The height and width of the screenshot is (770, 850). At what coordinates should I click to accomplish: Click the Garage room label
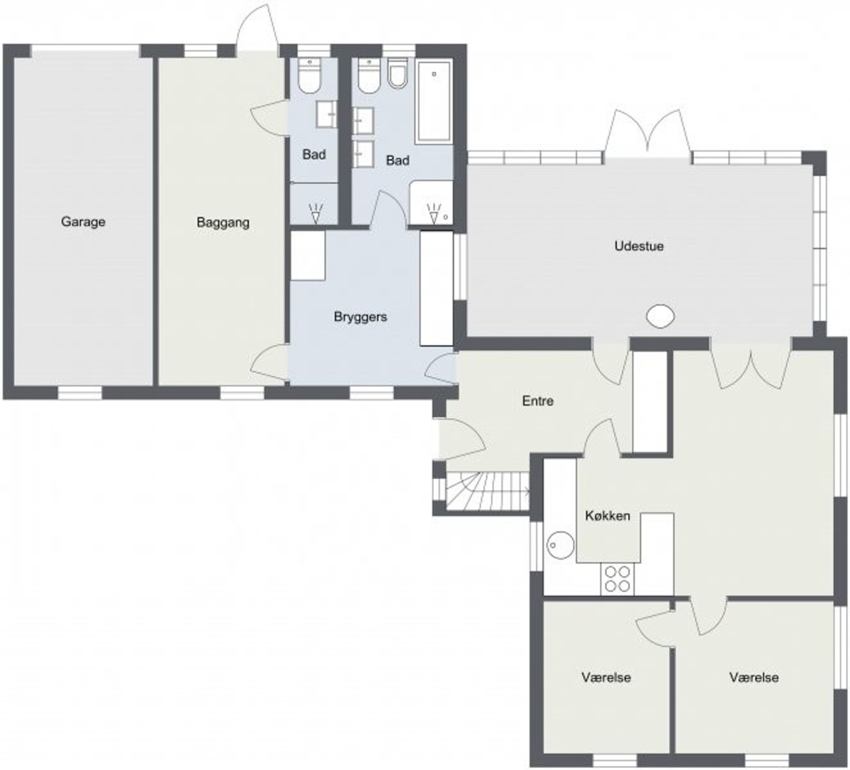[83, 222]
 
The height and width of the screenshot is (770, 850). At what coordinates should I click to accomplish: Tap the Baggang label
[223, 222]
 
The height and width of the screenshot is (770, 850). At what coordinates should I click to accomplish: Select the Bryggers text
[361, 317]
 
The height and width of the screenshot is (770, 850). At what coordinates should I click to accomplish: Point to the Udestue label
[639, 246]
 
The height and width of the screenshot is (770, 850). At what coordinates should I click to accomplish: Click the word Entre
[538, 401]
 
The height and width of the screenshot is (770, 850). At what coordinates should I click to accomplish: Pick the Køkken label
[608, 515]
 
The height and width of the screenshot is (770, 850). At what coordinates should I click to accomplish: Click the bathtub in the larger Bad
[434, 101]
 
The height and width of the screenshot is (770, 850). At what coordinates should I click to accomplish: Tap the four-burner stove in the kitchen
[618, 578]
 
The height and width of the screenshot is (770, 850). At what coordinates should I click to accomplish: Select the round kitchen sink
[561, 544]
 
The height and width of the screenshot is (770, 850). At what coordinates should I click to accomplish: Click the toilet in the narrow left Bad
[309, 76]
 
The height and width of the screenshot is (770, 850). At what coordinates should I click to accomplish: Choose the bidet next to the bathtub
[398, 73]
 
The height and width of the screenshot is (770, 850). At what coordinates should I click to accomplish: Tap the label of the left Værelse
[606, 677]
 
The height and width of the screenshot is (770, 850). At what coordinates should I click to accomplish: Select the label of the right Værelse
[754, 677]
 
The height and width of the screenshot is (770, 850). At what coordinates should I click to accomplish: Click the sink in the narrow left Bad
[326, 114]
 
